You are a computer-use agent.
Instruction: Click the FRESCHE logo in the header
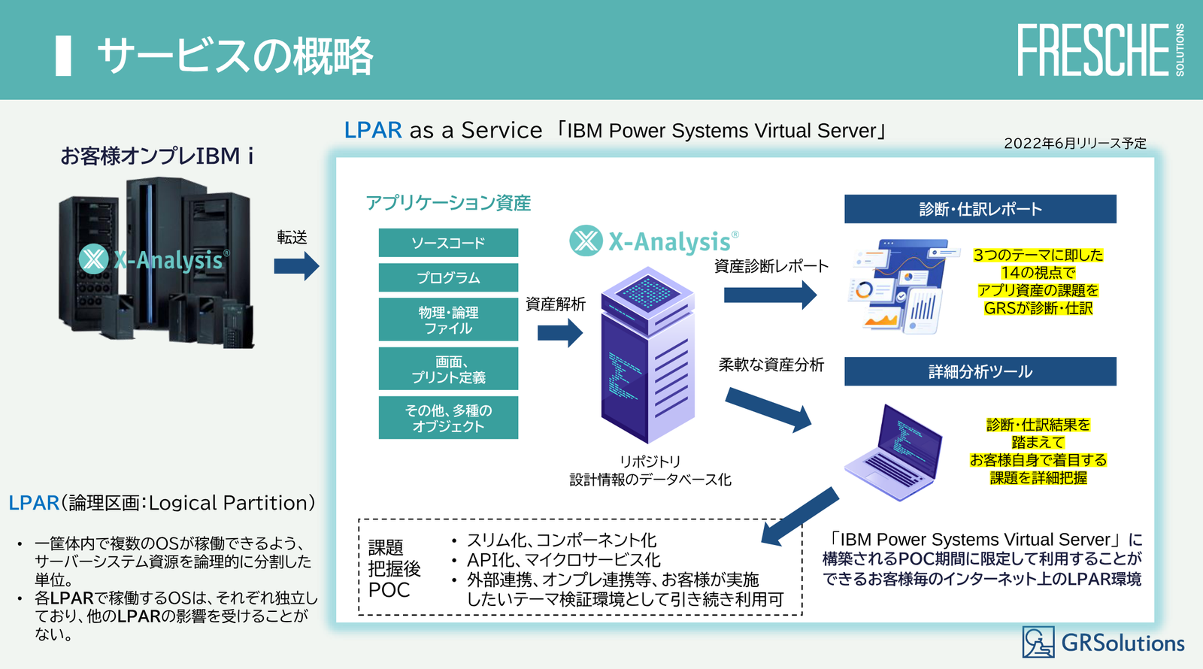pos(1094,50)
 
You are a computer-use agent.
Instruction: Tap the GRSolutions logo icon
pos(1038,642)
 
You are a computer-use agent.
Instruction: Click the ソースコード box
pos(448,243)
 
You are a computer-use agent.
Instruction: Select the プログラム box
pos(448,277)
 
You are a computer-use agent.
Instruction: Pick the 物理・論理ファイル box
pos(448,319)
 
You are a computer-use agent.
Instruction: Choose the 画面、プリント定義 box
pos(448,368)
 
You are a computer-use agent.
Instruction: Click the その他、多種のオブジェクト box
pos(448,418)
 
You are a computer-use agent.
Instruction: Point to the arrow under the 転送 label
pos(296,265)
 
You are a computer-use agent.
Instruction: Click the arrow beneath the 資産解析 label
pos(560,332)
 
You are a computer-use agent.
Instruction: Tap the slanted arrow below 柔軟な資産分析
pos(768,410)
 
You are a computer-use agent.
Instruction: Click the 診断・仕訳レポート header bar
pos(980,209)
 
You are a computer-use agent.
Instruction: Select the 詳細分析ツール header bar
pos(980,371)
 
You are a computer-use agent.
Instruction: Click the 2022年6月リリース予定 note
pos(1074,143)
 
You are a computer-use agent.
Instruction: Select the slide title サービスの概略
pos(235,56)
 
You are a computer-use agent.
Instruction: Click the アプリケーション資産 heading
pos(448,203)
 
